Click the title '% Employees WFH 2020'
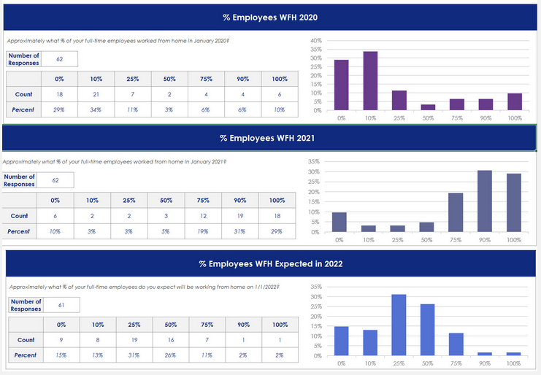click(x=270, y=16)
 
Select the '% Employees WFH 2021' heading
click(x=267, y=137)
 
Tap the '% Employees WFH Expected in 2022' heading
click(x=271, y=263)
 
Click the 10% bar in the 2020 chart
click(x=370, y=81)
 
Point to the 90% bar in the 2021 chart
click(x=485, y=201)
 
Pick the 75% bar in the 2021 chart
click(x=456, y=212)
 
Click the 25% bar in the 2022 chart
click(x=399, y=325)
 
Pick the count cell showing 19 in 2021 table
click(x=240, y=216)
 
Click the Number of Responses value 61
click(x=61, y=306)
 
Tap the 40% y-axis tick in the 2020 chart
click(x=315, y=41)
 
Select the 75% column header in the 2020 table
click(x=206, y=79)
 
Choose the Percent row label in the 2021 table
click(x=19, y=231)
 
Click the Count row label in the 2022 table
click(x=26, y=339)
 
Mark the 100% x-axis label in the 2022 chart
click(x=513, y=363)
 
